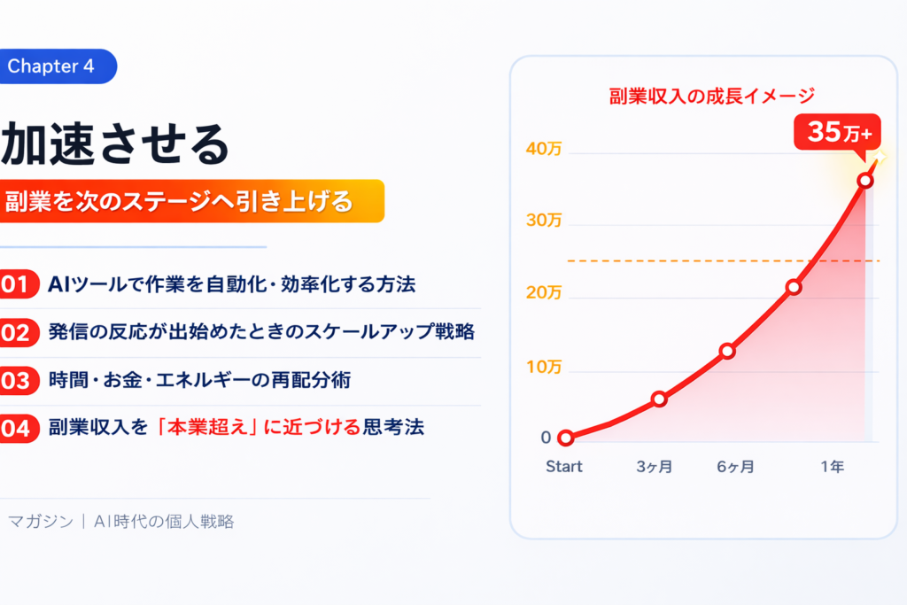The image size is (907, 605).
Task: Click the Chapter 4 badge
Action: [x=58, y=66]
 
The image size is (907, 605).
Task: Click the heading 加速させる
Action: [x=116, y=144]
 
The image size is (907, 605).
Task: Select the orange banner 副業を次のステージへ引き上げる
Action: [x=191, y=201]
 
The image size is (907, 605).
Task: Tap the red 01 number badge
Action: [x=19, y=284]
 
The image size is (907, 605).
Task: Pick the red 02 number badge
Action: [x=19, y=332]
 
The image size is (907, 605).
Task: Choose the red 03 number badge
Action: [x=19, y=381]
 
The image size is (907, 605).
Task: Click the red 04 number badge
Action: [x=19, y=429]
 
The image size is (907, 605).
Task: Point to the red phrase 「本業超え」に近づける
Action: [x=258, y=428]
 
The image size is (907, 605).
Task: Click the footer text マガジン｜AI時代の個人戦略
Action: [x=121, y=522]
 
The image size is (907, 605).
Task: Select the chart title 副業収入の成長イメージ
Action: [x=712, y=96]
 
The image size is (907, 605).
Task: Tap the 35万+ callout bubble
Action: [x=838, y=133]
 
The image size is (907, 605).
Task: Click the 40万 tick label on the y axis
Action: [x=544, y=149]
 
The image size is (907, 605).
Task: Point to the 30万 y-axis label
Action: [x=544, y=221]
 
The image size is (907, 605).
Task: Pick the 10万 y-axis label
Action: [x=544, y=367]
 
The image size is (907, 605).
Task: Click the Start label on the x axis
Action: [x=564, y=466]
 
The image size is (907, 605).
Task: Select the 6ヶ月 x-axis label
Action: [x=736, y=466]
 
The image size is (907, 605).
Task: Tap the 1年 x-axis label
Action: [x=833, y=466]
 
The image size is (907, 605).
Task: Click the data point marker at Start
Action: [x=566, y=438]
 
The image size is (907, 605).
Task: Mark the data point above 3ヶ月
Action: [x=659, y=399]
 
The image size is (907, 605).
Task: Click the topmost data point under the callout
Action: [x=865, y=181]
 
